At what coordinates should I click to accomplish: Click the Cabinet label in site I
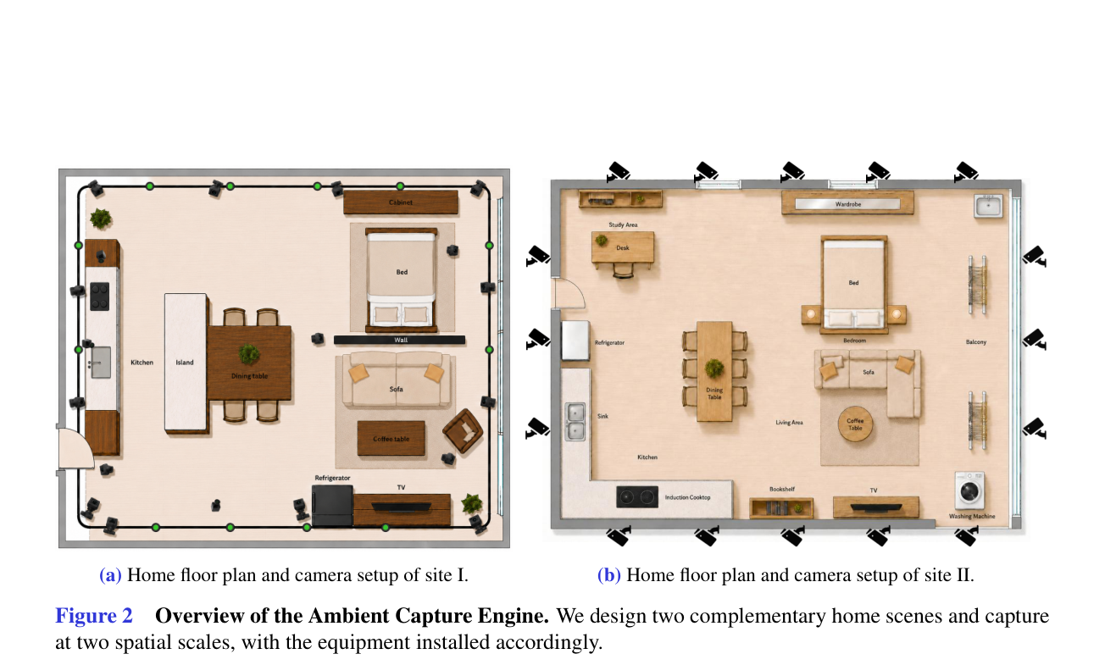[x=401, y=202]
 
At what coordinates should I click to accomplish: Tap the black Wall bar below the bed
[x=400, y=340]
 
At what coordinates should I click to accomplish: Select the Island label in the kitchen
[x=185, y=362]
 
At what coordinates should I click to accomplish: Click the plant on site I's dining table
[x=249, y=354]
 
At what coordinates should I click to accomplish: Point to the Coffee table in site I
[x=391, y=438]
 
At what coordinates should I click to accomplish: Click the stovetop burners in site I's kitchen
[x=99, y=296]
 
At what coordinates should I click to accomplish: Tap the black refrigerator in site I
[x=332, y=506]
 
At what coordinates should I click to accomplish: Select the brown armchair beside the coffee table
[x=463, y=430]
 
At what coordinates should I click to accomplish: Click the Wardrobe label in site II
[x=848, y=204]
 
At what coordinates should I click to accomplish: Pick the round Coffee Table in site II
[x=855, y=424]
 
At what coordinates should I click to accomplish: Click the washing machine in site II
[x=969, y=490]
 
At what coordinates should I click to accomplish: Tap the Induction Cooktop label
[x=688, y=497]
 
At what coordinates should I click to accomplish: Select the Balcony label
[x=975, y=342]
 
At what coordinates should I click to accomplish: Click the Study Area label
[x=623, y=224]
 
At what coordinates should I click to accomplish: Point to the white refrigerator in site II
[x=575, y=341]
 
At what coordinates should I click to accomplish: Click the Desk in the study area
[x=623, y=247]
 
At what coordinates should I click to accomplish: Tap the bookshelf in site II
[x=781, y=507]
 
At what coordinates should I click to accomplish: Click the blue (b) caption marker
[x=608, y=575]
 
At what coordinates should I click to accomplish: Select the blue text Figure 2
[x=94, y=616]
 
